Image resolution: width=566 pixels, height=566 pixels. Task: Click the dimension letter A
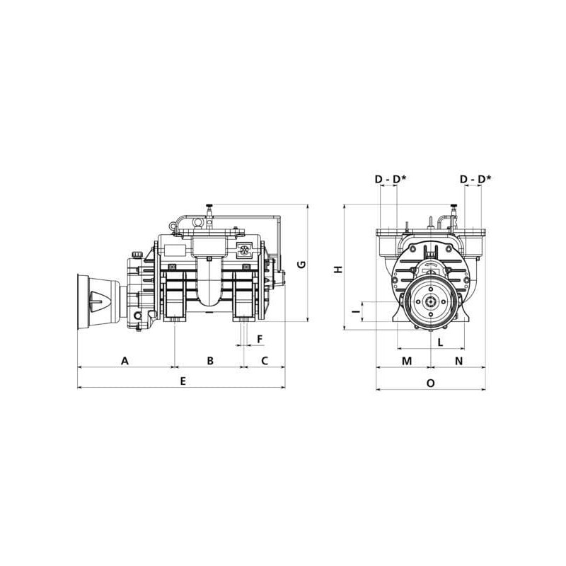tap(125, 361)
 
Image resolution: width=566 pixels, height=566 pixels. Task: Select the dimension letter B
tap(210, 361)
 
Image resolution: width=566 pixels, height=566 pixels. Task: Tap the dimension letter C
tap(265, 361)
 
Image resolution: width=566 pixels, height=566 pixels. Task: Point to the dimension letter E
tap(183, 381)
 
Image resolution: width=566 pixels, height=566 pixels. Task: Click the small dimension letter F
tap(260, 340)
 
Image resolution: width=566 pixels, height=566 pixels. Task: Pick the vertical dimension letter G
tap(301, 265)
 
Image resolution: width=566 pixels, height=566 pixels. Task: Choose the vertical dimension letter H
tap(338, 270)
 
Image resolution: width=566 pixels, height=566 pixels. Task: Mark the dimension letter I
tap(357, 311)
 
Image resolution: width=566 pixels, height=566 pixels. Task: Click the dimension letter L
tap(440, 342)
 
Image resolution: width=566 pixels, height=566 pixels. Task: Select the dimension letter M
tap(407, 361)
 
